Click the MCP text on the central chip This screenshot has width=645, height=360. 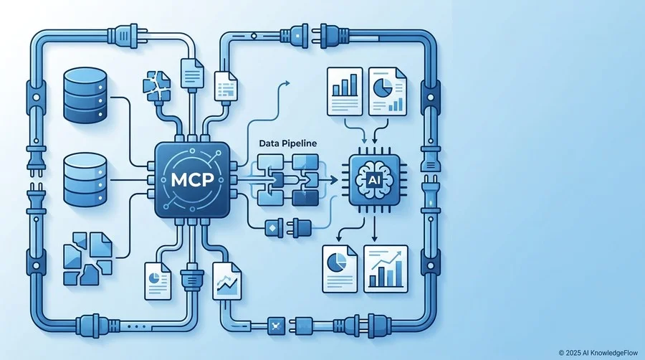click(x=192, y=180)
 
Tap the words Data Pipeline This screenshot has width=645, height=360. click(x=288, y=143)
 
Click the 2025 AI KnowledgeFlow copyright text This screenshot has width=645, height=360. click(x=598, y=353)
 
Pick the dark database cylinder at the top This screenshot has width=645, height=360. click(x=85, y=95)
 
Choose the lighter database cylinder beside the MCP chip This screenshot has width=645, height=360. click(x=85, y=180)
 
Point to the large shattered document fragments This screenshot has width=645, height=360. click(x=87, y=259)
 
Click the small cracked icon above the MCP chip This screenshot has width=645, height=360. click(x=156, y=86)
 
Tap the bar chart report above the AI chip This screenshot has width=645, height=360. click(x=345, y=91)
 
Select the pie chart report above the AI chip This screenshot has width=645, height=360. click(x=388, y=91)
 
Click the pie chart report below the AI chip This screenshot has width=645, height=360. click(x=340, y=269)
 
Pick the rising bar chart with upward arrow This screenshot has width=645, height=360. click(x=386, y=269)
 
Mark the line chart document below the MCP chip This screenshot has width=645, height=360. click(x=226, y=281)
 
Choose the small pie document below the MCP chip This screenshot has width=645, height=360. click(x=158, y=281)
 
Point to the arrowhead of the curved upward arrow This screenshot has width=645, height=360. click(x=287, y=83)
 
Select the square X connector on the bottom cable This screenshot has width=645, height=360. click(x=276, y=326)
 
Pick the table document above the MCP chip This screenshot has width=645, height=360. click(x=226, y=86)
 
